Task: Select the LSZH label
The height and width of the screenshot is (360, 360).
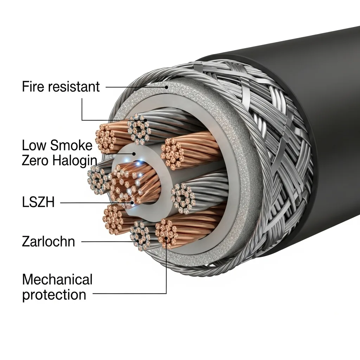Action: click(38, 203)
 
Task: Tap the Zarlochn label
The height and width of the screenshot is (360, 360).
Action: click(49, 242)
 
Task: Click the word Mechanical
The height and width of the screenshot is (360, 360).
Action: click(57, 280)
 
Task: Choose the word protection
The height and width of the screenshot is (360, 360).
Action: click(54, 295)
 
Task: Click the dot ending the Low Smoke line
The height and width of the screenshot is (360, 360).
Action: click(134, 154)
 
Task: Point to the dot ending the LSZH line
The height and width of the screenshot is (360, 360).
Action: click(132, 202)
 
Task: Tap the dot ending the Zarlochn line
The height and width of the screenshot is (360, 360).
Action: click(135, 242)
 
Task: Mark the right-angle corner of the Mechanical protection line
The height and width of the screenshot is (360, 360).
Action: click(166, 293)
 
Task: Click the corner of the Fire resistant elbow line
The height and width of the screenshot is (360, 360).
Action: click(82, 120)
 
